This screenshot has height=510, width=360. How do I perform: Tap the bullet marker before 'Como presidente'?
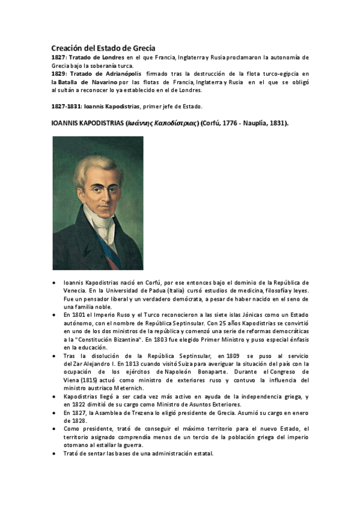pyautogui.click(x=55, y=428)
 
